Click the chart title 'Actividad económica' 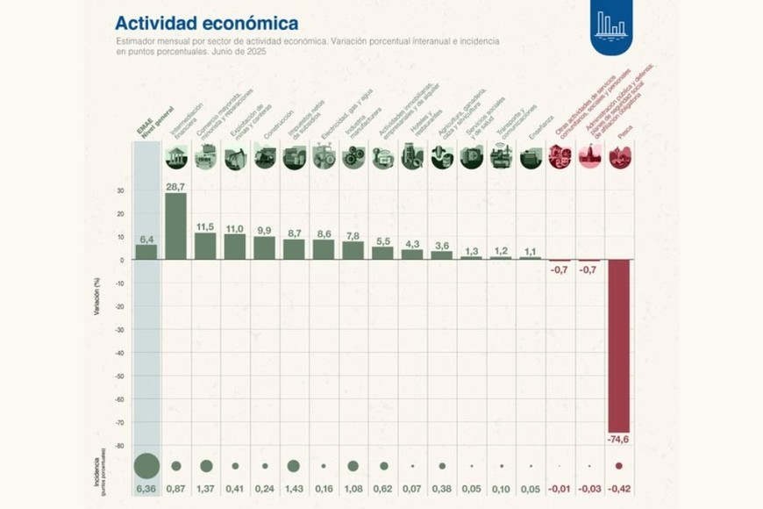tap(206, 23)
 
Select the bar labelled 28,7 tap(175, 226)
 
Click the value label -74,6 tap(620, 439)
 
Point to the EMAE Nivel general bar tap(146, 252)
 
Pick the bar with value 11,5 tap(205, 246)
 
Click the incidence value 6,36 tap(146, 488)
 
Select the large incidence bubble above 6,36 tap(146, 466)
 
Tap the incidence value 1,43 tap(294, 488)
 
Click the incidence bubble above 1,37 tap(206, 466)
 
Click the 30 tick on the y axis tap(121, 190)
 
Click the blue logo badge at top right tap(611, 26)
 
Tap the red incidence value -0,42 tap(619, 488)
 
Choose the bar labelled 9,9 tap(264, 247)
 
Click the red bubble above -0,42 tap(619, 466)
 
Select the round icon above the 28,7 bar tap(175, 158)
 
